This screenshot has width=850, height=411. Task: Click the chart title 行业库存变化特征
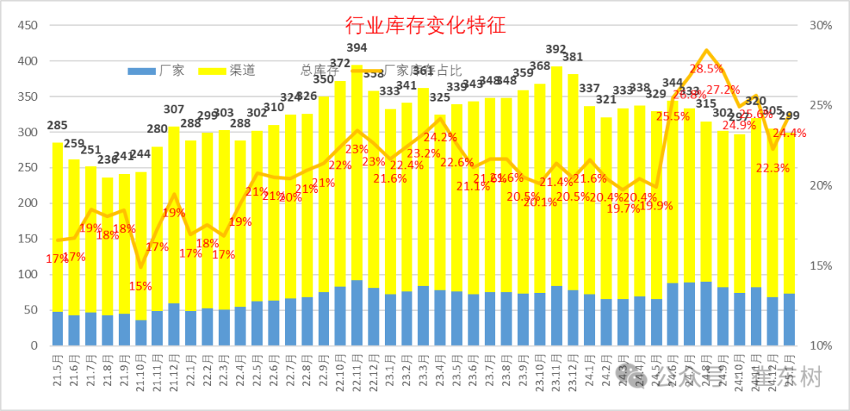coord(425,25)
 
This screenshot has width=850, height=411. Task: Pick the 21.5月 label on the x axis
coord(57,370)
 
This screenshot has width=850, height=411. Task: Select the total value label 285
coord(57,126)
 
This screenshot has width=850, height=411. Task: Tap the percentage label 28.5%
coord(707,68)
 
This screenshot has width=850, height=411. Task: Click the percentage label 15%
coord(140,286)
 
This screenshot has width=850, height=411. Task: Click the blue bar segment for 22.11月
coord(357,313)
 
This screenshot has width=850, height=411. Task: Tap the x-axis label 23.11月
coord(556,370)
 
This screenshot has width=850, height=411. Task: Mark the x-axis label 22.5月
coord(257,370)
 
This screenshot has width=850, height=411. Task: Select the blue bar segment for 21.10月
coord(141,332)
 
